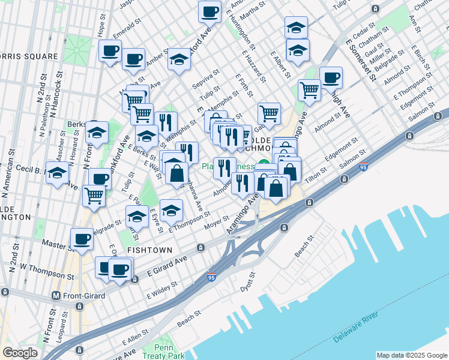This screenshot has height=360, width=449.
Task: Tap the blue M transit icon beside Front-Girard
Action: (56, 295)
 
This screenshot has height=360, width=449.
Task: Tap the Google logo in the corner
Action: (20, 353)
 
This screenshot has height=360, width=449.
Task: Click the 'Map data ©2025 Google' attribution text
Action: (411, 355)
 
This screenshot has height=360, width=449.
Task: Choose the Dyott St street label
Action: (247, 283)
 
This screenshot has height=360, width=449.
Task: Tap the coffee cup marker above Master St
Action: (82, 239)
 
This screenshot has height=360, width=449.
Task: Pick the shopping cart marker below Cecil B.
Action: (94, 195)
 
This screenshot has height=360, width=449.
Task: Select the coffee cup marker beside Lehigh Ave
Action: (331, 77)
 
